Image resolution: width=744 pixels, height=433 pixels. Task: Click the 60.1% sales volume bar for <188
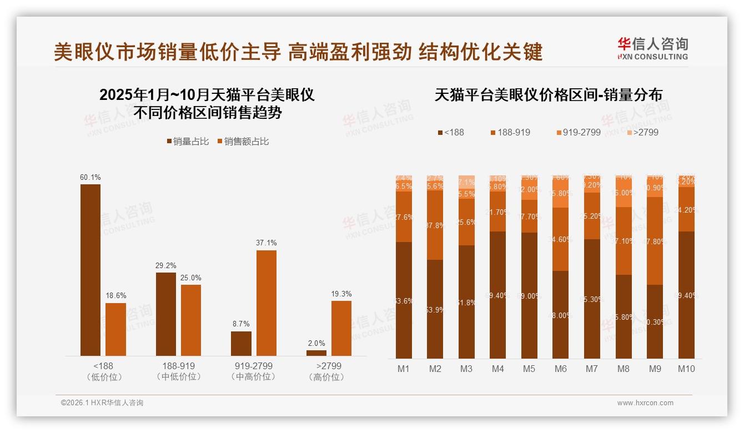[91, 270]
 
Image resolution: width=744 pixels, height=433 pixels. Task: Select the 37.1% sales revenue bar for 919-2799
[266, 303]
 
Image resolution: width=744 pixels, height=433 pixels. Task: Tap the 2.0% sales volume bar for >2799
[316, 353]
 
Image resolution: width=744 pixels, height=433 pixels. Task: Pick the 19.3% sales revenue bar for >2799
[341, 328]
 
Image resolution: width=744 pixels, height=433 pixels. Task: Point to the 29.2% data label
[166, 265]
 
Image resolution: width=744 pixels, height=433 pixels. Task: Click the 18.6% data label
[115, 296]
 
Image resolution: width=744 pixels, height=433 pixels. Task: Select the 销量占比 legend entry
[188, 142]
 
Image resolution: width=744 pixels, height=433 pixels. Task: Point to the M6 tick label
[561, 369]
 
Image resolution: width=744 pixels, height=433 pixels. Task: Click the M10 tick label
[686, 369]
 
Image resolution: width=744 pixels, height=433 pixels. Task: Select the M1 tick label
[404, 369]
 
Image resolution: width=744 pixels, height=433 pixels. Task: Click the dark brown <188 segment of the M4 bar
[498, 295]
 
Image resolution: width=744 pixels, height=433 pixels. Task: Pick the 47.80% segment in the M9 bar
[655, 241]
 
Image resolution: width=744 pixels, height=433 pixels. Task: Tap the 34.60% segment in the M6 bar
[561, 239]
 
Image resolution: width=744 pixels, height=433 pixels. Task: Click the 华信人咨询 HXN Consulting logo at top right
[652, 48]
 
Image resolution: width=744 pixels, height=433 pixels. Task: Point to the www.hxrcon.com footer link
[645, 403]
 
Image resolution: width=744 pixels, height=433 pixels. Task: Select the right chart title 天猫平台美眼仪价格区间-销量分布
[548, 95]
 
